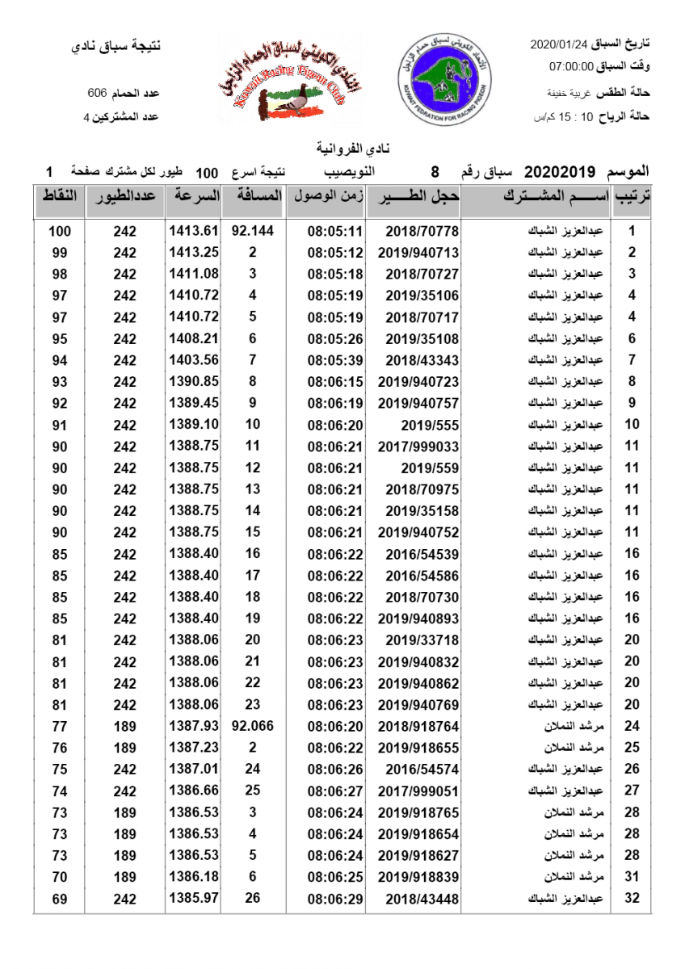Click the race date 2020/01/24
[559, 44]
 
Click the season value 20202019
[560, 172]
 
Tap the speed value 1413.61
[194, 231]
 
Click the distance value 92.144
[253, 231]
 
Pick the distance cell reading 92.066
[253, 726]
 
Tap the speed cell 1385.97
[194, 898]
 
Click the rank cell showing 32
[632, 898]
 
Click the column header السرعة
[194, 196]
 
